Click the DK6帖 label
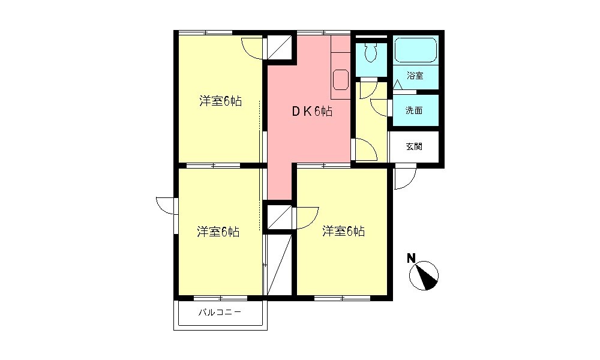312,112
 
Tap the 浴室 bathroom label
415,76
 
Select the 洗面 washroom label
413,110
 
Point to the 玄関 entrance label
413,146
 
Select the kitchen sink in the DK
341,80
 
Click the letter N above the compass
411,259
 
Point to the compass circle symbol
424,276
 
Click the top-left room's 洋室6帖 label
221,101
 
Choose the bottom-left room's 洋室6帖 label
219,232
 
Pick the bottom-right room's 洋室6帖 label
343,231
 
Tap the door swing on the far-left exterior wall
164,205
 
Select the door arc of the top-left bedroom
253,48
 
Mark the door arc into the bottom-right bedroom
307,217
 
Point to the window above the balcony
220,298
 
